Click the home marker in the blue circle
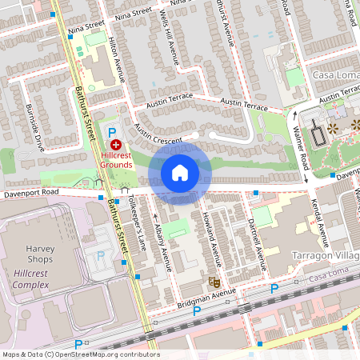pyautogui.click(x=180, y=173)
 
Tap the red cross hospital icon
pyautogui.click(x=117, y=145)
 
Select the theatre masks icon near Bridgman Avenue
pyautogui.click(x=214, y=282)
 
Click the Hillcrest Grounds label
pyautogui.click(x=116, y=159)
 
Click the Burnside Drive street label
pyautogui.click(x=35, y=127)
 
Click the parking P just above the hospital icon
pyautogui.click(x=113, y=130)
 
